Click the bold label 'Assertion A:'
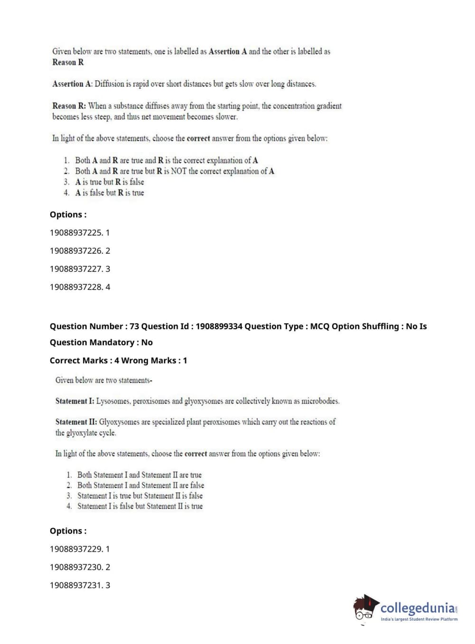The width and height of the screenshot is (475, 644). [x=72, y=84]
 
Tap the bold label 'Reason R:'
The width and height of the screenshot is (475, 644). [x=69, y=106]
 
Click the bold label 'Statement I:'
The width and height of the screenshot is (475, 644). [x=75, y=401]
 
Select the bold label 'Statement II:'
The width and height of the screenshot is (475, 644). [x=76, y=422]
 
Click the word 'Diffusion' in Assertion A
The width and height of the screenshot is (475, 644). [x=109, y=84]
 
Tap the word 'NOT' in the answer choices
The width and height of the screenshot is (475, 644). [x=178, y=171]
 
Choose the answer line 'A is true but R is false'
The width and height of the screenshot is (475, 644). [x=109, y=182]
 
